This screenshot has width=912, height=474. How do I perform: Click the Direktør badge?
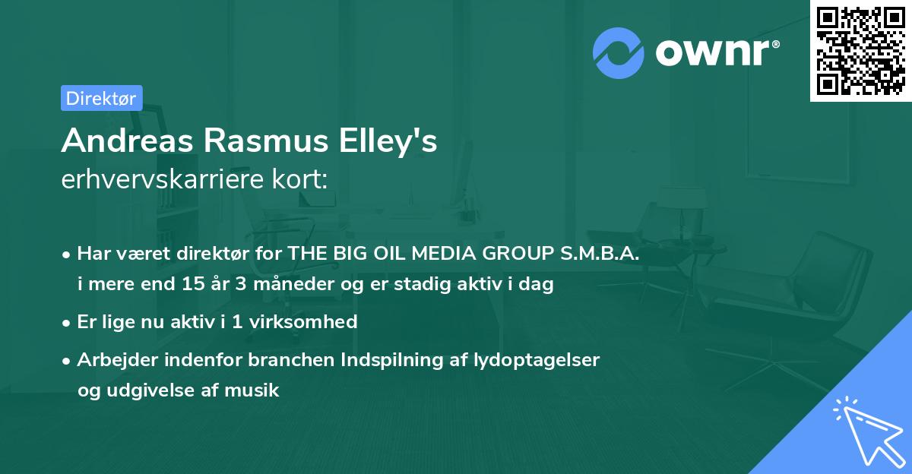101,98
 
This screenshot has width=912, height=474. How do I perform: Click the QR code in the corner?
860,51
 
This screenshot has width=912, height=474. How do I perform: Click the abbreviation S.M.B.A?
601,254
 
